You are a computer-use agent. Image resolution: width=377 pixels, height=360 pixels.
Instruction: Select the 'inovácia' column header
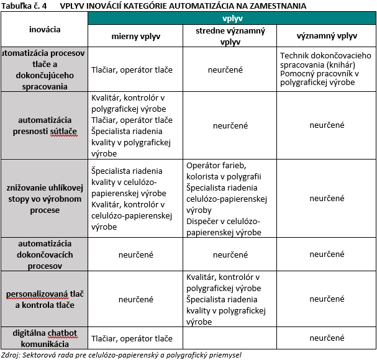45,29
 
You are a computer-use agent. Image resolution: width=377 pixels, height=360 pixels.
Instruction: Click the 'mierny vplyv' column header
135,37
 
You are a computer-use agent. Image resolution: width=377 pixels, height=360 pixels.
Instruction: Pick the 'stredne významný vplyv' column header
230,37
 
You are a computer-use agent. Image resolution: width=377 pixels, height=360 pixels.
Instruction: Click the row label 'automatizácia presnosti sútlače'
45,125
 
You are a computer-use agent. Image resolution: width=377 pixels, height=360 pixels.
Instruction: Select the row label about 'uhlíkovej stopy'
45,199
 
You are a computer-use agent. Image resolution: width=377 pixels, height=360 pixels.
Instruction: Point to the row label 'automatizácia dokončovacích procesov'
45,254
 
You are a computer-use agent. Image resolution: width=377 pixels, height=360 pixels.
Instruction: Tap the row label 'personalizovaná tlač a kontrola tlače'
45,299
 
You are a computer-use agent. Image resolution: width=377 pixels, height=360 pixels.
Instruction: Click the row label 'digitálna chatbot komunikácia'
45,338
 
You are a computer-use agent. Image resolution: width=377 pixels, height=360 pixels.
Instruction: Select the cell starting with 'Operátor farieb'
230,199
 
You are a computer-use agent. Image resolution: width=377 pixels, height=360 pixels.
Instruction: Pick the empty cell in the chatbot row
230,338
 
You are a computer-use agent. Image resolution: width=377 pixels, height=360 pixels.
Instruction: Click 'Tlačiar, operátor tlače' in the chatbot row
132,338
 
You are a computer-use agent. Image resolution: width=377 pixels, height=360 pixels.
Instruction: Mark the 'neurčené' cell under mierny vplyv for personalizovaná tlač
135,299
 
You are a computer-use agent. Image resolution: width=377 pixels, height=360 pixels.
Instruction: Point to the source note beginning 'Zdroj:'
120,354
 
